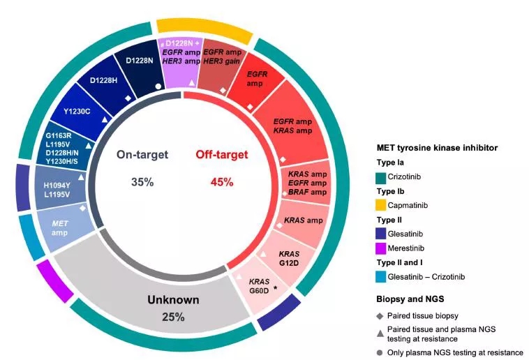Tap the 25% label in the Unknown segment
(x=173, y=317)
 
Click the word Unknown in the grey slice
(x=173, y=300)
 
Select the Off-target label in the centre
(x=221, y=154)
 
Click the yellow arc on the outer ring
(x=204, y=28)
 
